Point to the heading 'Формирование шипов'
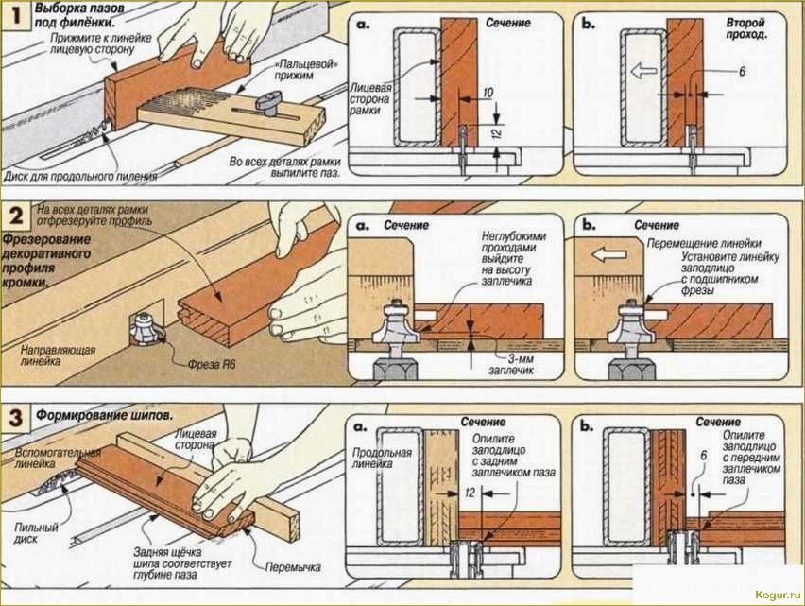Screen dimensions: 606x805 point(104,416)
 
